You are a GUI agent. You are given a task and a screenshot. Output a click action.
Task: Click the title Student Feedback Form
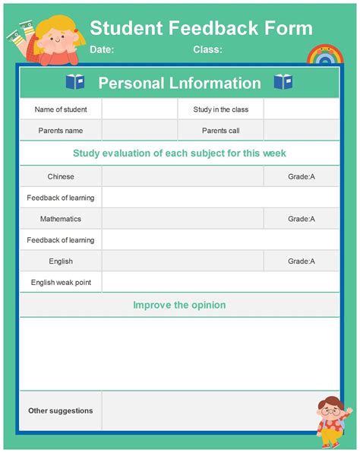click(x=201, y=28)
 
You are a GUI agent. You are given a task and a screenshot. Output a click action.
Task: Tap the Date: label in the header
click(x=102, y=50)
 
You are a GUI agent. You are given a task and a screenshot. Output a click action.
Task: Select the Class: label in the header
click(x=207, y=50)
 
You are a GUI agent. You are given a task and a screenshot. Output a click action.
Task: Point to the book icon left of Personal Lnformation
click(x=75, y=82)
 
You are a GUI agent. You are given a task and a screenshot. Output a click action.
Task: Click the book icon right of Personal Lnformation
click(x=283, y=82)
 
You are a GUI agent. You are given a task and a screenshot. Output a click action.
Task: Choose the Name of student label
click(x=61, y=109)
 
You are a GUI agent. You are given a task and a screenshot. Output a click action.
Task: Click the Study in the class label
click(x=220, y=109)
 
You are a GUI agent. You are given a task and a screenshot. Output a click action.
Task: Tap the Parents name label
click(x=61, y=131)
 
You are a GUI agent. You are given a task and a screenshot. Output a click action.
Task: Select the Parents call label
click(x=220, y=131)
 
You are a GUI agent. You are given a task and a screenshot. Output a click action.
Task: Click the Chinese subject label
click(x=61, y=176)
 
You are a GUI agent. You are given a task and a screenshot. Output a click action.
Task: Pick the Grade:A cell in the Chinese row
click(x=302, y=176)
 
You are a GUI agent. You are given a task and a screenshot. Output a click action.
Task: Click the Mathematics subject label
click(x=61, y=219)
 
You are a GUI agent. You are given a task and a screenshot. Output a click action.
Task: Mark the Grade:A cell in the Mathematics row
click(x=302, y=219)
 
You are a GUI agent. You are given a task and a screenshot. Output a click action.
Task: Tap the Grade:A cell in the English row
click(x=302, y=261)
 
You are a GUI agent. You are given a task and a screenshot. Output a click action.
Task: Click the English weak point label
click(x=61, y=283)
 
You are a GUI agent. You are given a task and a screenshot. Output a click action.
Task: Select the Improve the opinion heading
click(x=179, y=305)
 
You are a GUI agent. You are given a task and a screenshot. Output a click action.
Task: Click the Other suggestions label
click(x=61, y=410)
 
